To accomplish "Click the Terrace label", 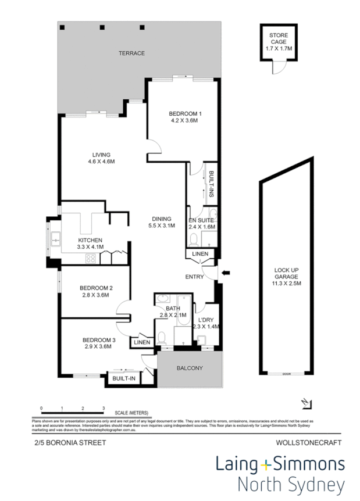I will pyautogui.click(x=131, y=53).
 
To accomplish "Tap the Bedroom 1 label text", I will pyautogui.click(x=184, y=117).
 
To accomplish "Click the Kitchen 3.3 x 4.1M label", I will pyautogui.click(x=90, y=244).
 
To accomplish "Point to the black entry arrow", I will pyautogui.click(x=226, y=271).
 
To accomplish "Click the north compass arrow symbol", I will pyautogui.click(x=308, y=403).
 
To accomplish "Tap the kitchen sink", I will pyautogui.click(x=56, y=237).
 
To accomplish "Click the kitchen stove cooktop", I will pyautogui.click(x=92, y=257).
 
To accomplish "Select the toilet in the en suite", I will pyautogui.click(x=193, y=238).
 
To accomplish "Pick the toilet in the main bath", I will pyautogui.click(x=162, y=337).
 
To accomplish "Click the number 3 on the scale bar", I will pyautogui.click(x=103, y=409).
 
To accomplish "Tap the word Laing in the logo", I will pyautogui.click(x=237, y=464).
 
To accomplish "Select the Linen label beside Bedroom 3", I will pyautogui.click(x=142, y=343).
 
